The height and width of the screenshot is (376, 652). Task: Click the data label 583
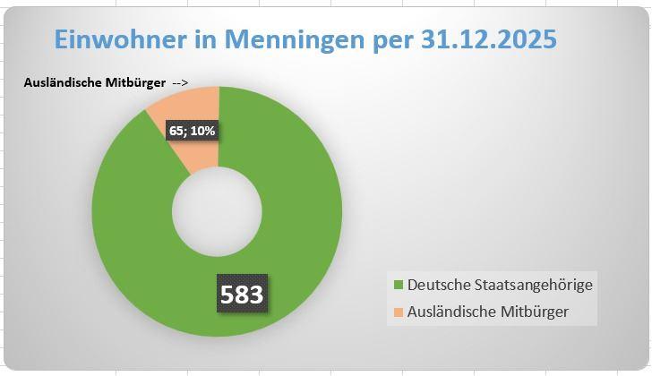click(243, 294)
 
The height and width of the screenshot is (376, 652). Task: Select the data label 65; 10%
click(193, 131)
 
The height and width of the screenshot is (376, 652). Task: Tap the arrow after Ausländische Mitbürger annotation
click(179, 83)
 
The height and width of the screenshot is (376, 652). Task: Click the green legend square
click(399, 285)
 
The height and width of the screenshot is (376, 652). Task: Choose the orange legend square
click(399, 312)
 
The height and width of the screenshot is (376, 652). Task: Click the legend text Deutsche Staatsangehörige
click(500, 285)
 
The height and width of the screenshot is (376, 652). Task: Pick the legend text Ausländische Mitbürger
click(488, 312)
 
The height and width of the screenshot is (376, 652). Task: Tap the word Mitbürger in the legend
click(536, 312)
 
